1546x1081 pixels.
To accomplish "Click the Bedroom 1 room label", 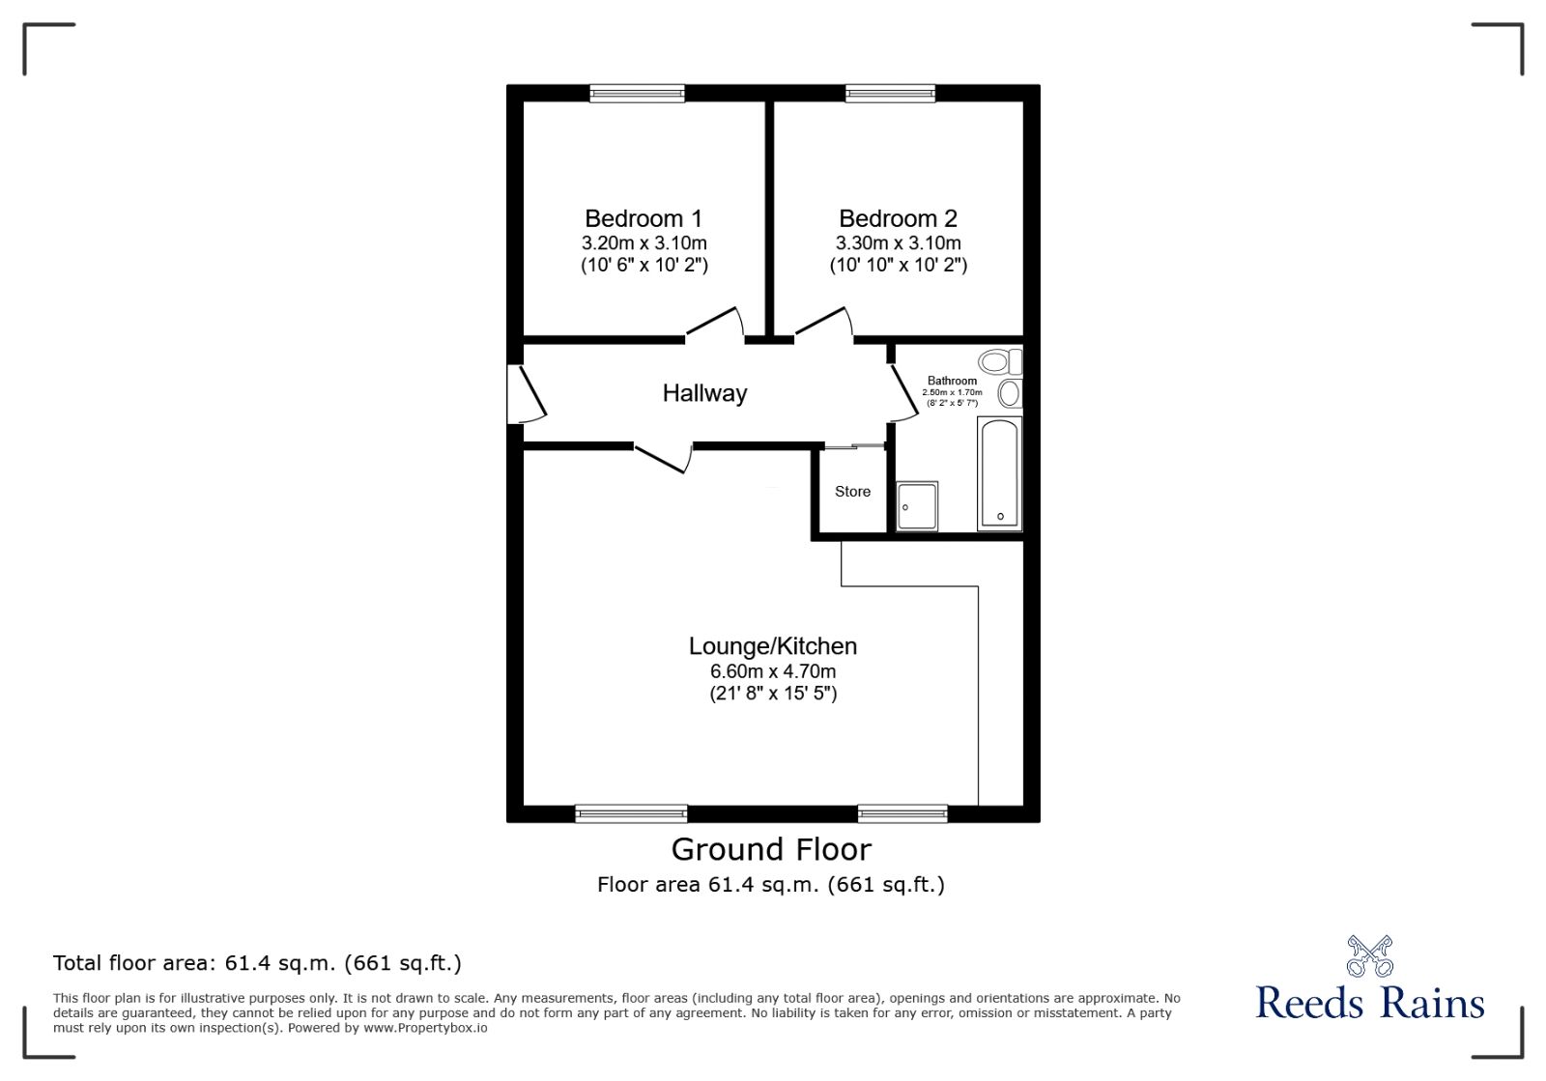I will point(644,218).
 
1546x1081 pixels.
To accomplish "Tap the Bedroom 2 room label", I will point(898,218).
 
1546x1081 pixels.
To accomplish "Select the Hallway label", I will point(704,393).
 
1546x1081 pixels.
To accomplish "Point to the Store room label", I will point(852,492).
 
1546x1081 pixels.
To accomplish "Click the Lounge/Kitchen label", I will point(772,646).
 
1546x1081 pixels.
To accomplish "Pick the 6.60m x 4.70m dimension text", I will point(772,671).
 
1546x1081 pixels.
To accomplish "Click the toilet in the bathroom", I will point(998,362).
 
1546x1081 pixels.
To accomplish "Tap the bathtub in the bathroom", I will point(999,473).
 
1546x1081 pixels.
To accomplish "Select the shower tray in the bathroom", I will point(917,505).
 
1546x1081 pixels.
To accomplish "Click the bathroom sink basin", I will point(1010,393).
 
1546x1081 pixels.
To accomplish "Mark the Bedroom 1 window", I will point(638,94).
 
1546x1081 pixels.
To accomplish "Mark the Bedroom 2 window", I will point(890,94).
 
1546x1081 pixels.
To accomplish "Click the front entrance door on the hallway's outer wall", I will point(525,393).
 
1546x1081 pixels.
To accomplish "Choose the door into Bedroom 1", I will point(715,326).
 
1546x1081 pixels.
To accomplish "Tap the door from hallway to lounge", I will point(663,457).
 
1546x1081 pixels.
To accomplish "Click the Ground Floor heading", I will point(771,849).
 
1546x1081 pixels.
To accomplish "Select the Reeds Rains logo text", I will point(1369,1003).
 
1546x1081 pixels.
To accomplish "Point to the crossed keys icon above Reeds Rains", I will point(1369,955).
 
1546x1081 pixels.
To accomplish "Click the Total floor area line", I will point(257,963).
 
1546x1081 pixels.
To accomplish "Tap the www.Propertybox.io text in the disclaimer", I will point(425,1028).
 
